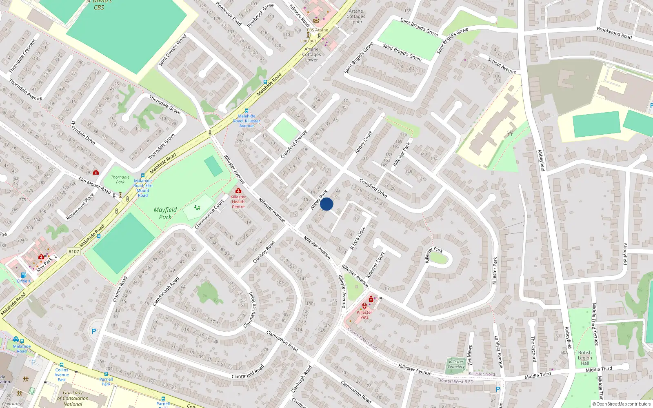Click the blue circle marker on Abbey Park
click(x=326, y=204)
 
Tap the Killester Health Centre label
click(x=238, y=202)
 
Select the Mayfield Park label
click(x=165, y=213)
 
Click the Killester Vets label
click(x=364, y=315)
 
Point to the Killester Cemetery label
click(x=456, y=364)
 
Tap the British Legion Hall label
click(x=585, y=358)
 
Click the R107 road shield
click(x=74, y=251)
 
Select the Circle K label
click(x=24, y=281)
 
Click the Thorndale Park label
click(x=120, y=180)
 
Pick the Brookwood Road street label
click(x=614, y=33)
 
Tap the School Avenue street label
click(x=502, y=66)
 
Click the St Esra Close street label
click(x=358, y=238)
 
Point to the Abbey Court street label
click(x=363, y=142)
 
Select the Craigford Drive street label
click(x=373, y=188)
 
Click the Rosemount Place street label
click(x=80, y=206)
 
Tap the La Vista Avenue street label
click(x=499, y=352)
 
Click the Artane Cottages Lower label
click(x=311, y=54)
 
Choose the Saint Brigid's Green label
click(x=402, y=52)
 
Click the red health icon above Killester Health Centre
click(x=238, y=191)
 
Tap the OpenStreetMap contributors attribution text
click(x=621, y=404)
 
